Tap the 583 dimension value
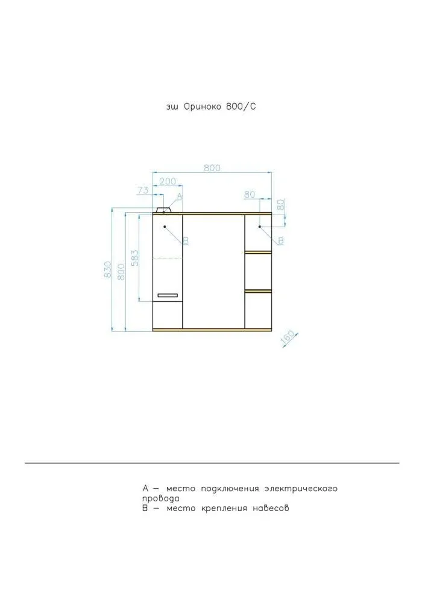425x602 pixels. click(135, 258)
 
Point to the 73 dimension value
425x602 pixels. click(143, 190)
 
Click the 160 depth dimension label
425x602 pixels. click(289, 338)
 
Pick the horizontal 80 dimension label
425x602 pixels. click(250, 195)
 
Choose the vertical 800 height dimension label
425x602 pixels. click(121, 271)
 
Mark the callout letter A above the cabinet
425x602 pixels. click(179, 196)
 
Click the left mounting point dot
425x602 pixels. click(165, 227)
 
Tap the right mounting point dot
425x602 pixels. click(260, 227)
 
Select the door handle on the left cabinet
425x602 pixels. click(168, 295)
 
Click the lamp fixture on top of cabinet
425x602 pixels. click(164, 210)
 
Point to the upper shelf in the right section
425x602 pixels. click(259, 252)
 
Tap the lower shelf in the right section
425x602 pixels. click(259, 292)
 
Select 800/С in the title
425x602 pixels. click(241, 107)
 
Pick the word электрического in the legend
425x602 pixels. click(301, 489)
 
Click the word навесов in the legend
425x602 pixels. click(271, 509)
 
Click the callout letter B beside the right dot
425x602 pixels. click(281, 240)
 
